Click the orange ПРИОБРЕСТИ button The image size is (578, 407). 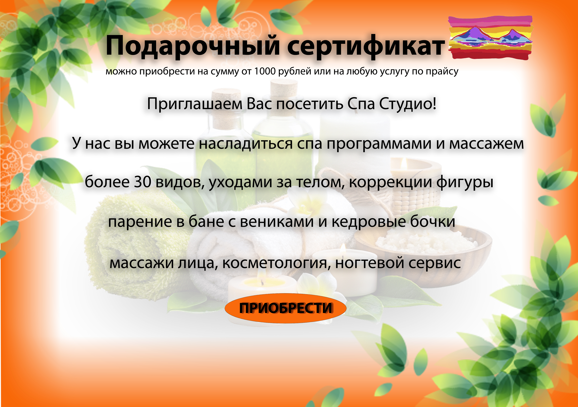(x=286, y=308)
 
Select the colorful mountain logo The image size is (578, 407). (x=490, y=38)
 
